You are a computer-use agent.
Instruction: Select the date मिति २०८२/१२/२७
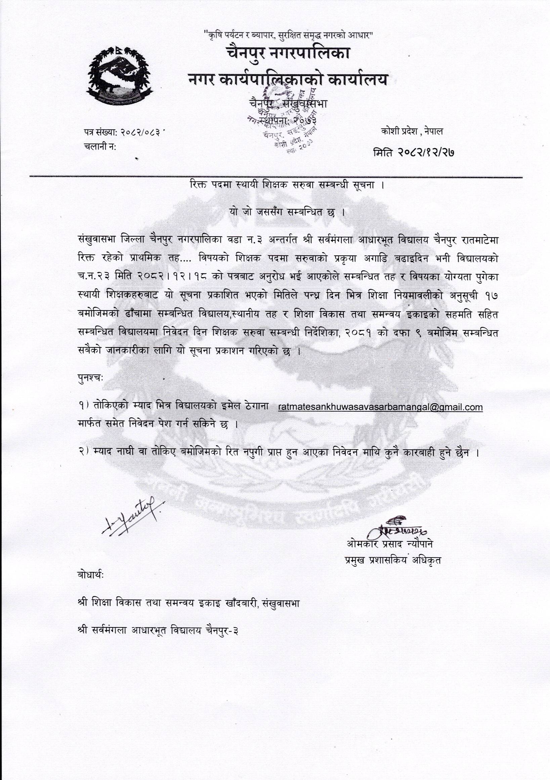click(414, 153)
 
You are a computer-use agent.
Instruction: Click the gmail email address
click(380, 407)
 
